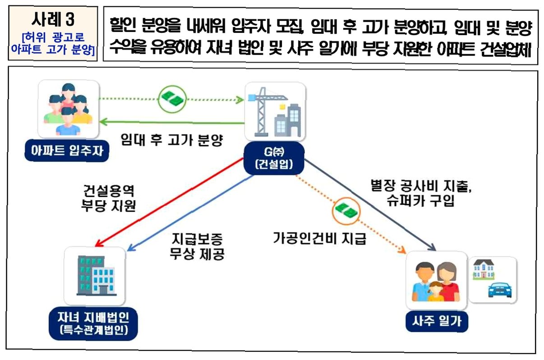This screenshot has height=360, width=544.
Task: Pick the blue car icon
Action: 500,289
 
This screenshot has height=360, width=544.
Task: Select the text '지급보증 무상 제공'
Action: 197,246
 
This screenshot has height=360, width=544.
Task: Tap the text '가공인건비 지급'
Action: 319,239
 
